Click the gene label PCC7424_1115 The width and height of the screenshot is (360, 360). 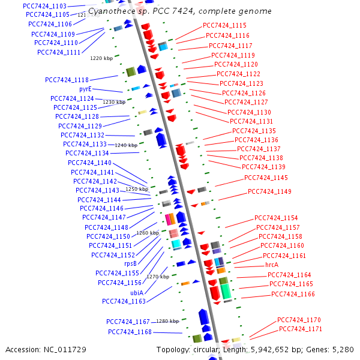224,25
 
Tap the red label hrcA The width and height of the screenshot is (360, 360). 272,265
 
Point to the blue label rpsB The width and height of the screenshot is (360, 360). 130,263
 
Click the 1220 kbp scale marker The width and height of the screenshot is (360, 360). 101,58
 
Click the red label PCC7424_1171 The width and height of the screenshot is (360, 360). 300,329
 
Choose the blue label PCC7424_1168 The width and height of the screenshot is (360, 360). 130,332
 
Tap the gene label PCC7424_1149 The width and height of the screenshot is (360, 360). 269,191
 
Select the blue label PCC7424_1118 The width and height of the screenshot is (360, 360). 67,80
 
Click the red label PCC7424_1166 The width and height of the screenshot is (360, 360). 293,294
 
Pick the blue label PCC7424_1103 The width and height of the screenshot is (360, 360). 44,5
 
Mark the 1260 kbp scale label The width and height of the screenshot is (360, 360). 148,233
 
